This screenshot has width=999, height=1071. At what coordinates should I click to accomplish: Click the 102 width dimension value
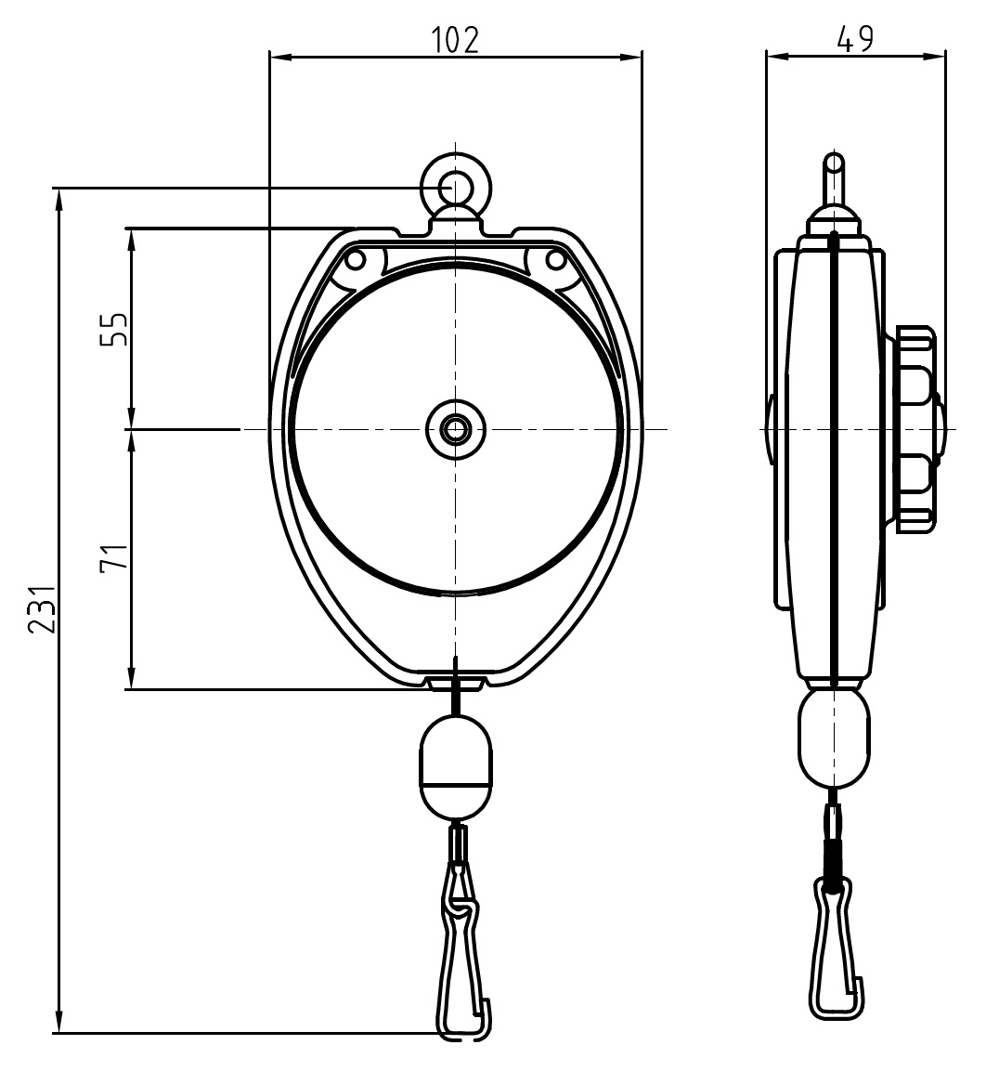[x=456, y=39]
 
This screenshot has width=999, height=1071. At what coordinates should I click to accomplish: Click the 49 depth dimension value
[x=855, y=39]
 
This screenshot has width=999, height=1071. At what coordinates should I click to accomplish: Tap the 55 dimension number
[x=114, y=330]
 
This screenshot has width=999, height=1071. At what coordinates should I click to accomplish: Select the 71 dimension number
[x=114, y=556]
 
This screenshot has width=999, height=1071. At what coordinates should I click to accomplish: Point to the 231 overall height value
[x=43, y=609]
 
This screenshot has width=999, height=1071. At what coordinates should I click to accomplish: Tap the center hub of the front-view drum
[x=456, y=430]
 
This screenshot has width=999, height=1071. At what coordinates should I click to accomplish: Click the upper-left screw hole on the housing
[x=355, y=260]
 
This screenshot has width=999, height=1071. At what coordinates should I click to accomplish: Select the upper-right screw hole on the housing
[x=556, y=260]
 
